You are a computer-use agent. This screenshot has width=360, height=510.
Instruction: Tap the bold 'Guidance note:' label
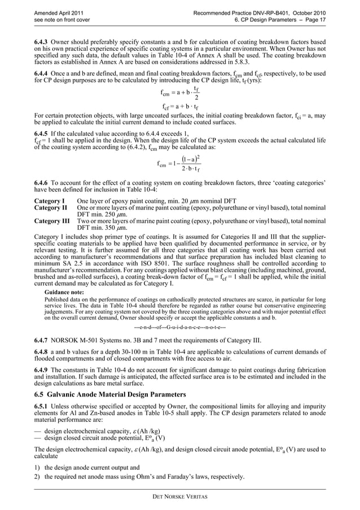64,293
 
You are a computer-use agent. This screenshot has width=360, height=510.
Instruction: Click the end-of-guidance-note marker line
180,327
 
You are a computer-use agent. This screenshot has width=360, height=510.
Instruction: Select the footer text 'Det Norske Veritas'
180,496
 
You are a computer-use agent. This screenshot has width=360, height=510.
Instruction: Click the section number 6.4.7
43,341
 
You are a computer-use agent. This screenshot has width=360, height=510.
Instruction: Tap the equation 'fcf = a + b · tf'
180,106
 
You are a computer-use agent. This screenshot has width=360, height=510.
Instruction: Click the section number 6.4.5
43,134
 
